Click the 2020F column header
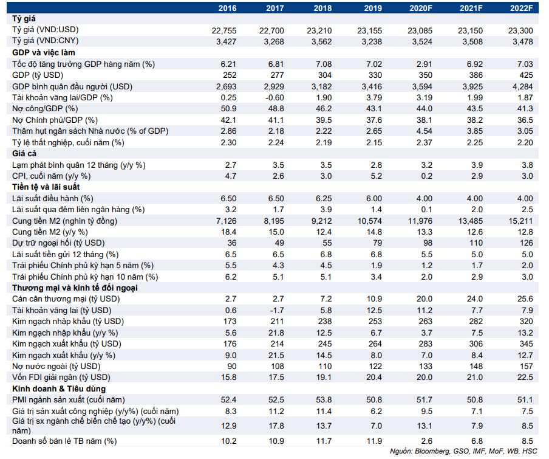(421, 8)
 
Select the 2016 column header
(228, 8)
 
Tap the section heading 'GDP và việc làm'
(43, 52)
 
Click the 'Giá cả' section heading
(24, 153)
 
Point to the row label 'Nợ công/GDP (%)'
(45, 109)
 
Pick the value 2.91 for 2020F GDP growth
(425, 64)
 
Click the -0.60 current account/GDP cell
(275, 98)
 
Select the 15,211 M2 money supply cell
(520, 221)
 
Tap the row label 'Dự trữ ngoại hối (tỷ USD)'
(58, 243)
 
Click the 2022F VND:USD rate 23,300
(520, 31)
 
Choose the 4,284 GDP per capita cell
(522, 86)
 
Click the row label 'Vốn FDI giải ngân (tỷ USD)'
(61, 378)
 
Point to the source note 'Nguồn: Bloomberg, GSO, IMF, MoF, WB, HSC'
(463, 451)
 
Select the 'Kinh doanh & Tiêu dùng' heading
(59, 388)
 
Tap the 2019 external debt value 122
(375, 367)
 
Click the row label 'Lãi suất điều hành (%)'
(52, 199)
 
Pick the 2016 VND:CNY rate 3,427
(226, 42)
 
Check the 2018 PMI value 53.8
(324, 400)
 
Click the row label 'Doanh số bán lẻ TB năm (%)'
(64, 441)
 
